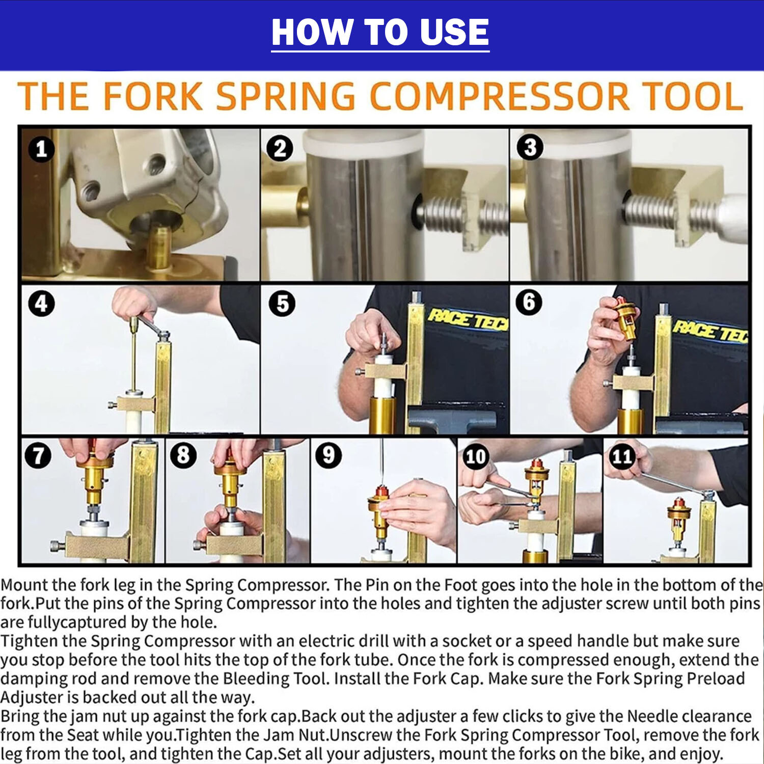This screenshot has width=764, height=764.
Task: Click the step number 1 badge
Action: [41, 149]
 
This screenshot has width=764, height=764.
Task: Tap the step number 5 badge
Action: [282, 304]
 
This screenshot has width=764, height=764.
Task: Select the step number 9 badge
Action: [329, 455]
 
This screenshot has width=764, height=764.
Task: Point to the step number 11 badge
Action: [622, 456]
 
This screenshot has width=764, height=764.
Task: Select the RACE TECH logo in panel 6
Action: [711, 331]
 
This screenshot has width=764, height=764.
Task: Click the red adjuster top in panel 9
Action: [381, 492]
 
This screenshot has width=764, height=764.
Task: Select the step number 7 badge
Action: [39, 455]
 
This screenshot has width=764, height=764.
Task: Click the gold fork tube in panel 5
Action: [383, 415]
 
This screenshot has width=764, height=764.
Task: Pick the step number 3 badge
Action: [530, 147]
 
